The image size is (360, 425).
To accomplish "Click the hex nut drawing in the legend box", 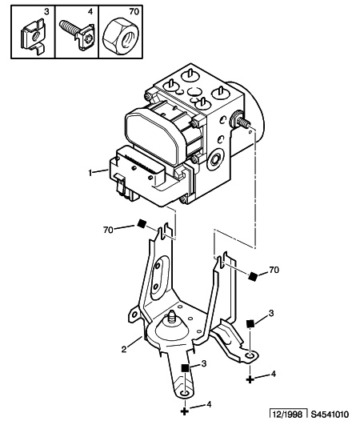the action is click(x=121, y=34).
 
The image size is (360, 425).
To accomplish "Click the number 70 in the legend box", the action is click(x=134, y=12).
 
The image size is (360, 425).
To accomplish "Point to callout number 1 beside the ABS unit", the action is click(x=90, y=173).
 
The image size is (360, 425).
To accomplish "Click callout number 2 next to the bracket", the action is click(x=124, y=349).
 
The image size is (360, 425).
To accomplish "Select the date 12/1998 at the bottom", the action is click(x=287, y=415).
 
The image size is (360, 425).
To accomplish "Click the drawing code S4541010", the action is click(x=330, y=415).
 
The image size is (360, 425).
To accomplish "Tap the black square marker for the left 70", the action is click(x=141, y=224).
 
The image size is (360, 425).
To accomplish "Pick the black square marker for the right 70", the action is click(x=253, y=276).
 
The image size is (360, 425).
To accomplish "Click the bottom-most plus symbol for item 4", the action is click(x=185, y=411).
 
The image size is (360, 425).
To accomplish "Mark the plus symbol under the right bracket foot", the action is click(x=250, y=379).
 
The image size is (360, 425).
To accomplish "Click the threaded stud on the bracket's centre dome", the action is click(x=171, y=317).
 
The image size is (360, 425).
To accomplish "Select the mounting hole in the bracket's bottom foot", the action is click(x=185, y=394).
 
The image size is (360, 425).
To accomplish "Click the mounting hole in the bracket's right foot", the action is click(x=250, y=355).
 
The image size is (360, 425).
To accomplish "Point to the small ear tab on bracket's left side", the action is click(x=134, y=315).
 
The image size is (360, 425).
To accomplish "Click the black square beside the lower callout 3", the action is click(x=185, y=368).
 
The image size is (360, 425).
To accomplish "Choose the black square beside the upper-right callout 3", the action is click(x=250, y=323).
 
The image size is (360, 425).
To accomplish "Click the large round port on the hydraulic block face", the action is click(x=216, y=160).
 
